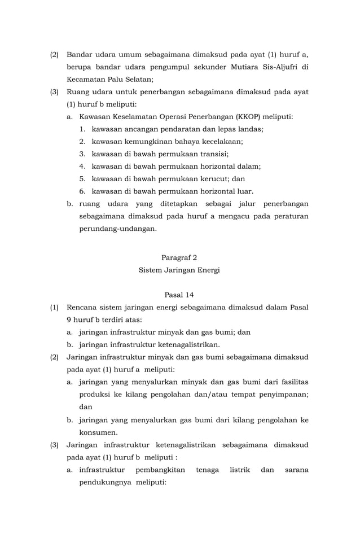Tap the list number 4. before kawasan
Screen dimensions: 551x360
[82, 167]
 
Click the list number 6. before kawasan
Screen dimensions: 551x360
[82, 191]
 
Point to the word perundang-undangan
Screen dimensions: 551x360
[118, 229]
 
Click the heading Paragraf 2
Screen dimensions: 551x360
[179, 257]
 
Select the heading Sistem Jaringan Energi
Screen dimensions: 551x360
[179, 270]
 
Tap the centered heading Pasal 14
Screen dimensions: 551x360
[179, 295]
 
